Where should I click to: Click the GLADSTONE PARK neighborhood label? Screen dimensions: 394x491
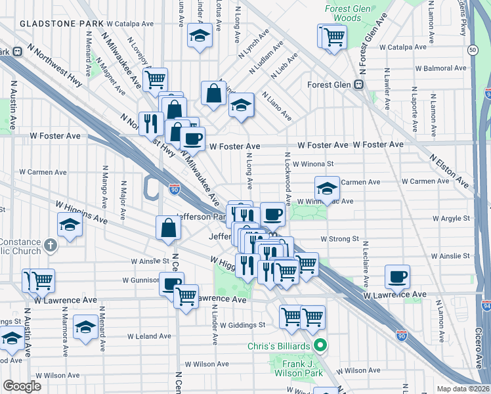click(61, 23)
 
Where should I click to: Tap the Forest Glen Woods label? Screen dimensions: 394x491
click(343, 14)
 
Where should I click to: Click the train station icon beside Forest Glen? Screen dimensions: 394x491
click(358, 85)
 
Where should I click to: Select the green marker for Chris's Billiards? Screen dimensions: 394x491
click(320, 345)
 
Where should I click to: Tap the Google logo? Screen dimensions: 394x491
click(22, 386)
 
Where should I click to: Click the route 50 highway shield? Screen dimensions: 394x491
click(473, 50)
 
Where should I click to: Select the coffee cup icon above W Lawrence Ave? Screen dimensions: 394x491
click(397, 276)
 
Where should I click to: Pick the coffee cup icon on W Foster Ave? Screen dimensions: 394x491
click(193, 139)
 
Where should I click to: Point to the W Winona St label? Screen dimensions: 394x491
click(314, 164)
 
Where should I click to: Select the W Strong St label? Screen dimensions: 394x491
click(339, 239)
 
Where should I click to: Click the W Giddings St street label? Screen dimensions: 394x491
click(242, 324)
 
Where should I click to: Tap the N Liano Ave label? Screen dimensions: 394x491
click(277, 106)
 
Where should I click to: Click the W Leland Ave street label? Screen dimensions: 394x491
click(149, 336)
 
